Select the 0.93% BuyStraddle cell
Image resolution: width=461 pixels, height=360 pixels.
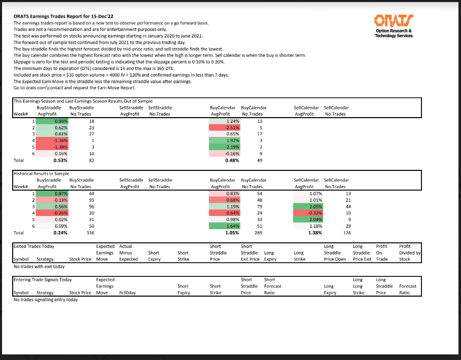click(x=60, y=122)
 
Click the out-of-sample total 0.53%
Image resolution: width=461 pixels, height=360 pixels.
click(x=60, y=160)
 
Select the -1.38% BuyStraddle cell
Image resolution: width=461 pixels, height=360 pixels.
click(x=60, y=147)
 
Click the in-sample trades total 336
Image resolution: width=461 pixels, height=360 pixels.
click(x=91, y=233)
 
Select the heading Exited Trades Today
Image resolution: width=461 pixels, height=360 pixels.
click(x=33, y=246)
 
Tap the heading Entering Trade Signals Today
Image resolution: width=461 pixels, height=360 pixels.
click(x=42, y=279)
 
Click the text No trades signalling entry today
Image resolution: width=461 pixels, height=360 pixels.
click(x=46, y=300)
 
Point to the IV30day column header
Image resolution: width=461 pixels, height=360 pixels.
click(x=127, y=293)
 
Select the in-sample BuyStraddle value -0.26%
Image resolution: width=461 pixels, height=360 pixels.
click(x=60, y=213)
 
